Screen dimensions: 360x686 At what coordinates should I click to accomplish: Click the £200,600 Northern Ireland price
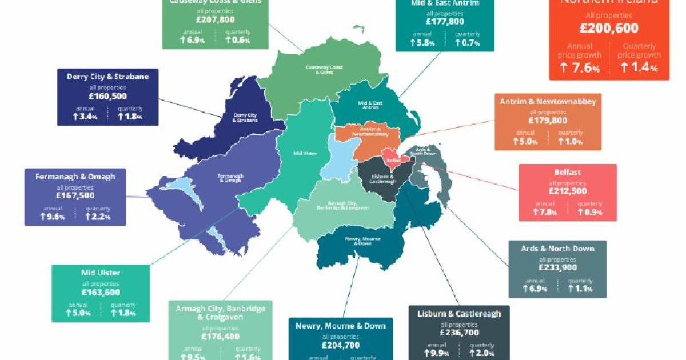pyautogui.click(x=609, y=28)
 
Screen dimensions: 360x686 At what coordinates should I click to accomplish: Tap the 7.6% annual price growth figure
pyautogui.click(x=580, y=69)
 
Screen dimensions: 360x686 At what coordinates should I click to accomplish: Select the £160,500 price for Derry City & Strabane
pyautogui.click(x=99, y=97)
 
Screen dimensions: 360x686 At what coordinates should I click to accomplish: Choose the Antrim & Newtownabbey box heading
pyautogui.click(x=548, y=102)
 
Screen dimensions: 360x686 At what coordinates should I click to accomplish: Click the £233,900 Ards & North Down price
pyautogui.click(x=557, y=267)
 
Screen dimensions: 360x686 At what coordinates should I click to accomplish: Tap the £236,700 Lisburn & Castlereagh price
pyautogui.click(x=459, y=332)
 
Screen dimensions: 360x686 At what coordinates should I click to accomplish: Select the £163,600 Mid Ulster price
pyautogui.click(x=101, y=292)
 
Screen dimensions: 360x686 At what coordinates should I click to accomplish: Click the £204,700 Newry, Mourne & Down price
pyautogui.click(x=340, y=345)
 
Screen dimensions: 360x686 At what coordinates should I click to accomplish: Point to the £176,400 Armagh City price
pyautogui.click(x=220, y=336)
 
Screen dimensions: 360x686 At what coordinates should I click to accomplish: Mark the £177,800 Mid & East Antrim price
pyautogui.click(x=445, y=22)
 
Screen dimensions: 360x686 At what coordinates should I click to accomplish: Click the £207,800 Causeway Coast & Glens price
pyautogui.click(x=214, y=21)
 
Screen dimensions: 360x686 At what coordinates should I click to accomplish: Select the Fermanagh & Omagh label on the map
pyautogui.click(x=230, y=178)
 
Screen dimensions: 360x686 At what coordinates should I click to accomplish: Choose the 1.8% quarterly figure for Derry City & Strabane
pyautogui.click(x=130, y=117)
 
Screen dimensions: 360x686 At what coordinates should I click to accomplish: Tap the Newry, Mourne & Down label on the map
pyautogui.click(x=358, y=241)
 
